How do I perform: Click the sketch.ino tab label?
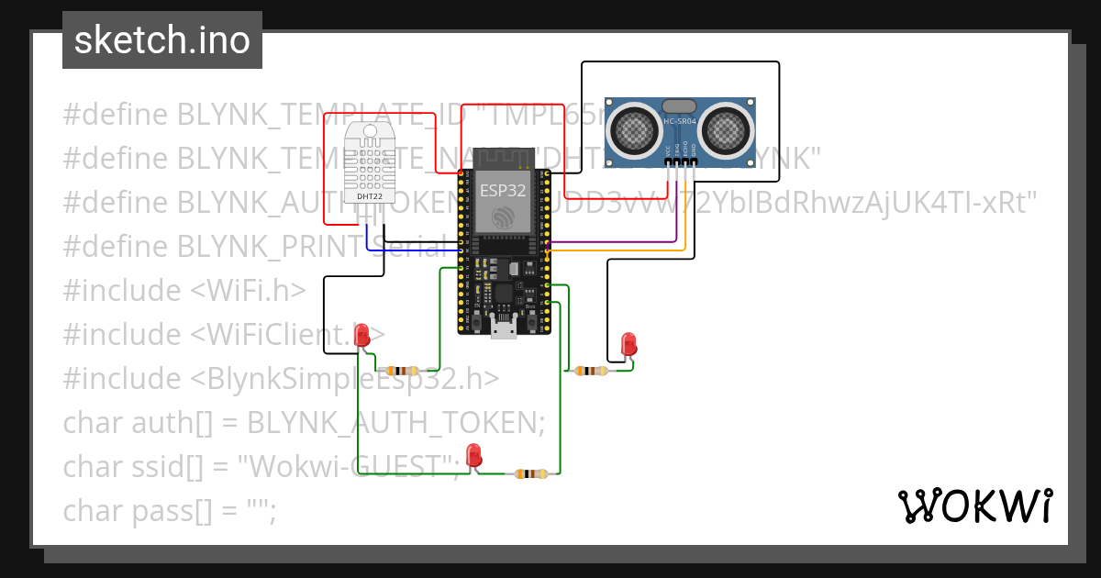[161, 40]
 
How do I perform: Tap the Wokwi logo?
[973, 506]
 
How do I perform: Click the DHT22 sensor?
[370, 165]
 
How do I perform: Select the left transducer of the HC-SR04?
[635, 128]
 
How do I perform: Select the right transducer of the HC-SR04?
[726, 128]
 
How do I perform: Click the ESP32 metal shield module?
[503, 203]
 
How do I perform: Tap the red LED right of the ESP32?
[628, 344]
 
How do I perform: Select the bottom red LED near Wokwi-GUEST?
[473, 454]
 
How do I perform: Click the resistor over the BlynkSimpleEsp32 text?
[402, 371]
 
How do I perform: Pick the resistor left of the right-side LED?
[590, 371]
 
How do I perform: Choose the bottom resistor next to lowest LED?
[530, 473]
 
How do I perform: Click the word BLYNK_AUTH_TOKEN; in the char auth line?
[396, 423]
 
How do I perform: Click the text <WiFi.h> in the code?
[248, 291]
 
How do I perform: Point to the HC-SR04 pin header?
[680, 162]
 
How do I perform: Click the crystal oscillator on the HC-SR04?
[680, 107]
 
